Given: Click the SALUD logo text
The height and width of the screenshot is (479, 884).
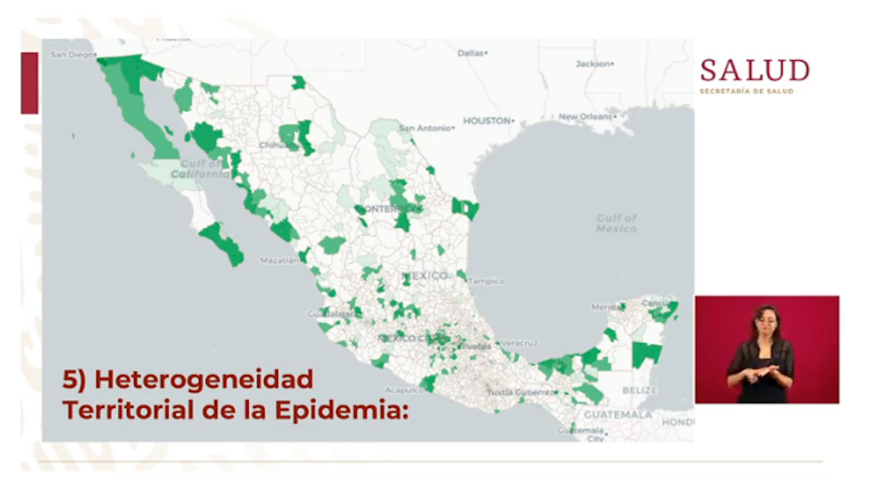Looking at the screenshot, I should coord(755,71).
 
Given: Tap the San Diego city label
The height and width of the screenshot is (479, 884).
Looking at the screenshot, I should coord(71,54).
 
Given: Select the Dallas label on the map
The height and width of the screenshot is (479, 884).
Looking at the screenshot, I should coord(470,53).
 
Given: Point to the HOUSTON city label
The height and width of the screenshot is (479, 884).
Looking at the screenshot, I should coord(486,121).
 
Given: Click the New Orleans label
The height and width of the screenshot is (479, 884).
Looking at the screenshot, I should coord(585,117).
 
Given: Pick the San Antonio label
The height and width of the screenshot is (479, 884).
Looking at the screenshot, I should coord(425,128).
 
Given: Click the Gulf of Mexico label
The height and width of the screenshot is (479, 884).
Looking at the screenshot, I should coord(616,223).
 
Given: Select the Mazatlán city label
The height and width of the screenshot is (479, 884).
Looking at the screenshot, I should coord(279,260).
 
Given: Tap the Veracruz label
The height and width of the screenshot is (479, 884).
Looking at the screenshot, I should coord(519,343).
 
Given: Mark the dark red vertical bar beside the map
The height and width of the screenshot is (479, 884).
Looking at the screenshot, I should coord(29,83).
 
